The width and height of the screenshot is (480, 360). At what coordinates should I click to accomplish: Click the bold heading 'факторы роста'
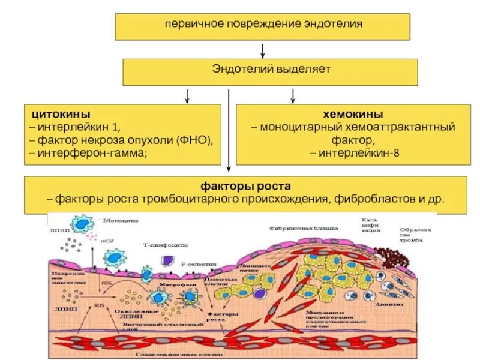coord(246,187)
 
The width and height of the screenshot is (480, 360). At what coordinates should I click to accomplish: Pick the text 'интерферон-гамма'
coord(88,153)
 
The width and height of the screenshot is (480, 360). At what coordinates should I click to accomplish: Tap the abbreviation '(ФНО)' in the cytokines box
coord(194,140)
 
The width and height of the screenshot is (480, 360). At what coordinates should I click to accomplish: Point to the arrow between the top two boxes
coord(263,49)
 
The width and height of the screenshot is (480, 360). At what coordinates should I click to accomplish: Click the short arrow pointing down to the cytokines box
coord(187,95)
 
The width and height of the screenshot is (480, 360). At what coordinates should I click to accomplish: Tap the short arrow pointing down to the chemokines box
coord(293,95)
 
